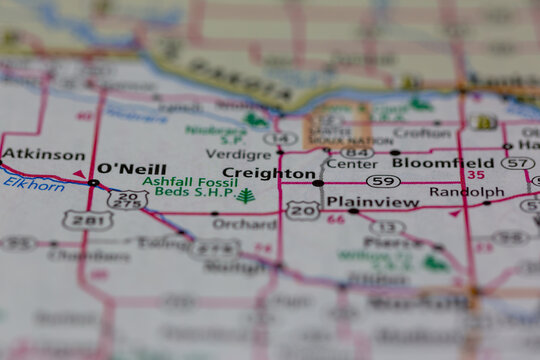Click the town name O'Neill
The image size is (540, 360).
(131, 169)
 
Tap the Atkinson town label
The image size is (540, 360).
(43, 154)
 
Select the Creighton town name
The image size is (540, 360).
(268, 173)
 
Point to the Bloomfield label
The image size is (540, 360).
(442, 162)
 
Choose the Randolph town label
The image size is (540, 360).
(466, 191)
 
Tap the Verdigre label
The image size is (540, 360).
(237, 154)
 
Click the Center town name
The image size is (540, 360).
(352, 163)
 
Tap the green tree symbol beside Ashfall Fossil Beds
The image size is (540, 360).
(245, 195)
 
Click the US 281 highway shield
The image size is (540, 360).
(80, 220)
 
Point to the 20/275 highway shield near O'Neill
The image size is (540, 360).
(127, 200)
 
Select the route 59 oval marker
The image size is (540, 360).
(383, 181)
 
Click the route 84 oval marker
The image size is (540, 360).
(357, 152)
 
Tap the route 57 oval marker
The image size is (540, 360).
(517, 163)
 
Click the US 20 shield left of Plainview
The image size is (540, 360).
(302, 209)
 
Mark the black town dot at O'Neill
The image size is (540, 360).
(93, 183)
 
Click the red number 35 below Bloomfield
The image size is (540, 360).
(475, 175)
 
